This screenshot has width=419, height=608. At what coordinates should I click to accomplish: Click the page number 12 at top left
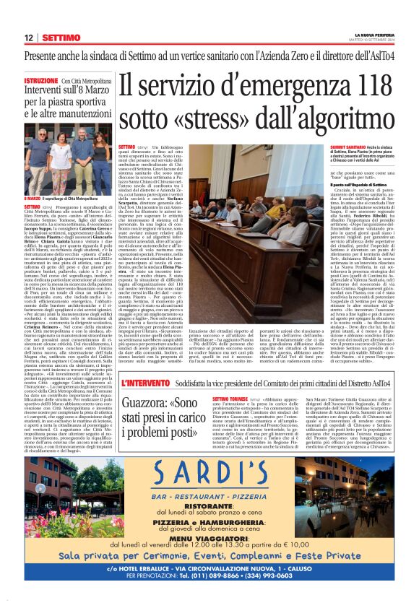point(27,38)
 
